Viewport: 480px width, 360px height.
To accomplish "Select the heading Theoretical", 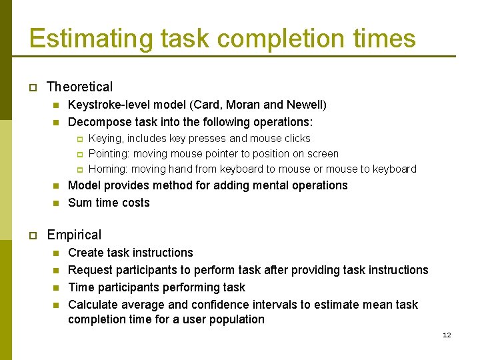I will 80,87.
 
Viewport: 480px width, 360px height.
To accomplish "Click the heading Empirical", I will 74,235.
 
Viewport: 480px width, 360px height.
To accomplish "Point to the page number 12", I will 447,335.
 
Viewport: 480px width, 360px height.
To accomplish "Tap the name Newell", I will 305,105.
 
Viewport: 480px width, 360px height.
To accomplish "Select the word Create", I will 85,253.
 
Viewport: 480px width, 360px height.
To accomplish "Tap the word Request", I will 90,270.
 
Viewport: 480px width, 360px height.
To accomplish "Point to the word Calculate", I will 93,305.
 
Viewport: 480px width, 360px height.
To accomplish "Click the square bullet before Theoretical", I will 32,87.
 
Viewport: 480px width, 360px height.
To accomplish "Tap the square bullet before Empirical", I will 32,235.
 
